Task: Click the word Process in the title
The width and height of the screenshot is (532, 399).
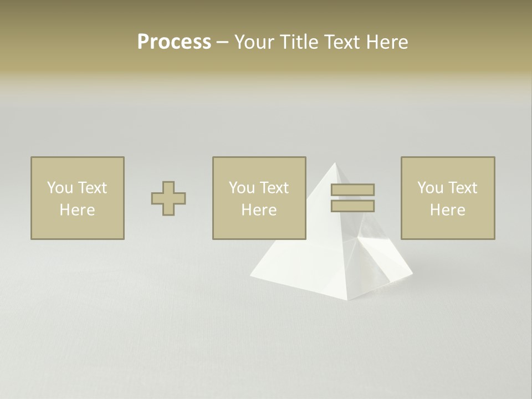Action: (174, 42)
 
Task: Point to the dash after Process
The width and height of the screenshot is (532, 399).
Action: (223, 43)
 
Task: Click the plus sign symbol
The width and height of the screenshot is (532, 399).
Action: (168, 198)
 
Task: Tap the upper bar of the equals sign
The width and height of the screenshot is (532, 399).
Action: (352, 190)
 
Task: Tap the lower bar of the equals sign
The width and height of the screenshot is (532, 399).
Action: (352, 206)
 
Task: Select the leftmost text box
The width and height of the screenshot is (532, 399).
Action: (77, 198)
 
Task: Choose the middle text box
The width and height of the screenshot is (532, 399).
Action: (259, 198)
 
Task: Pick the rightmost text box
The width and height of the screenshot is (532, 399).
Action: (447, 198)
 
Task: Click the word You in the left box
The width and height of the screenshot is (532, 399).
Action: (59, 188)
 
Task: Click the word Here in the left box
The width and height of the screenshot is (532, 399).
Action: (77, 210)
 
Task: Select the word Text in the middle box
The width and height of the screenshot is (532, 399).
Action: (274, 188)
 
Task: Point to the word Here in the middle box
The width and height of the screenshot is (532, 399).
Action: (259, 210)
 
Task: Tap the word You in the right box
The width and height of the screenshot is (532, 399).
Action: (429, 188)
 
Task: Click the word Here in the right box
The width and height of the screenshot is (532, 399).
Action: (447, 210)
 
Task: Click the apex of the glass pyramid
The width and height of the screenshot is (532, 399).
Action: (335, 163)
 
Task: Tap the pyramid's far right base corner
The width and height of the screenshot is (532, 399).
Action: (413, 273)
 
